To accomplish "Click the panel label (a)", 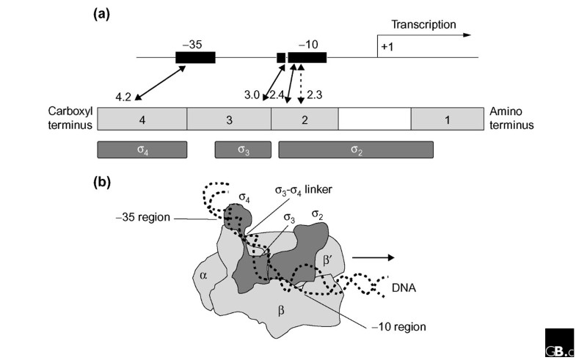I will click(x=103, y=13).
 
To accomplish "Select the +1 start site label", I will click(x=387, y=48).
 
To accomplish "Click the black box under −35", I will click(x=195, y=57).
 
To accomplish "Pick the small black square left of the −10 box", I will click(x=280, y=57).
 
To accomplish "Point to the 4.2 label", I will click(x=125, y=96).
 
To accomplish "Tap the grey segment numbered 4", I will click(x=142, y=118).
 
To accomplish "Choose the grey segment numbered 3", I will click(x=229, y=118).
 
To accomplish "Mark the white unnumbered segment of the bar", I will click(x=373, y=118).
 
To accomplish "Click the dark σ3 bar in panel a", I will click(x=238, y=150).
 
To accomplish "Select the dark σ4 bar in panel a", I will click(x=142, y=150).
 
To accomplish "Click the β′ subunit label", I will click(x=328, y=260).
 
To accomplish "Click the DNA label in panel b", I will click(x=404, y=288).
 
